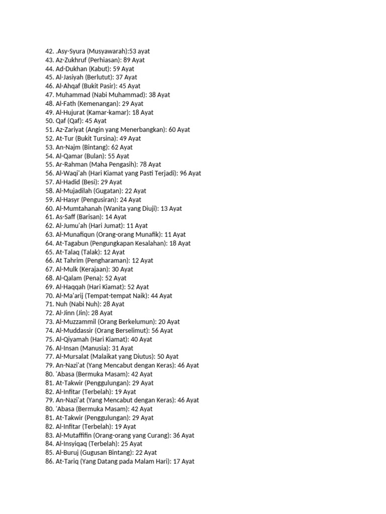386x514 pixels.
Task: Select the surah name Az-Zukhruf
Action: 71,60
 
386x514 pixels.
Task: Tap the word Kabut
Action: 99,69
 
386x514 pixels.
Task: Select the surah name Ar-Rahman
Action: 72,165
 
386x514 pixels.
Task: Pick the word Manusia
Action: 97,348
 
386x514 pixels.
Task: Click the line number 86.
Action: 49,461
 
